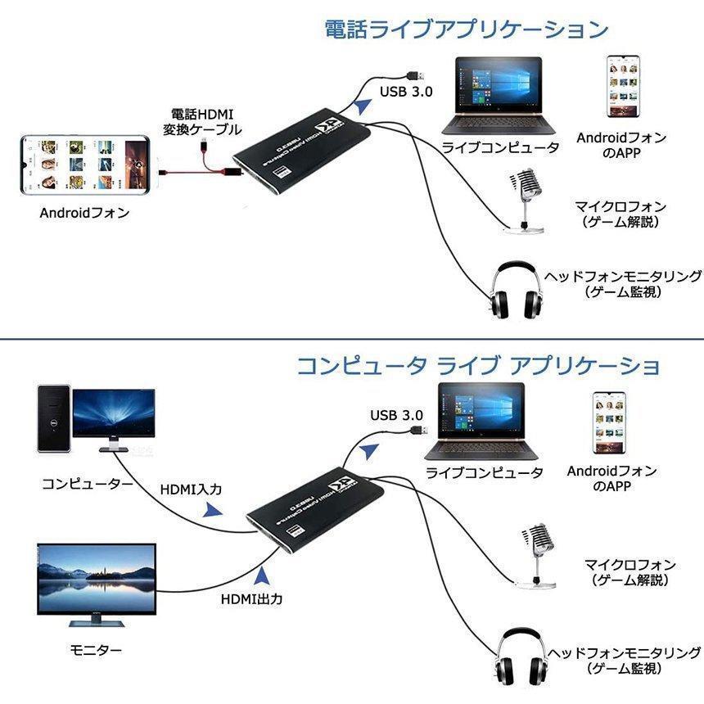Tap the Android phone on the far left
coord(85,164)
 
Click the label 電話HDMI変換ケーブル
coord(201,121)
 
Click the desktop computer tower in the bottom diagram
coord(52,420)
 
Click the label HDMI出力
coord(251,598)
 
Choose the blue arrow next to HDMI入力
coord(213,510)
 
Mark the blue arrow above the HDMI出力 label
coord(262,575)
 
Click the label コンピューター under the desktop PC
coord(87,484)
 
